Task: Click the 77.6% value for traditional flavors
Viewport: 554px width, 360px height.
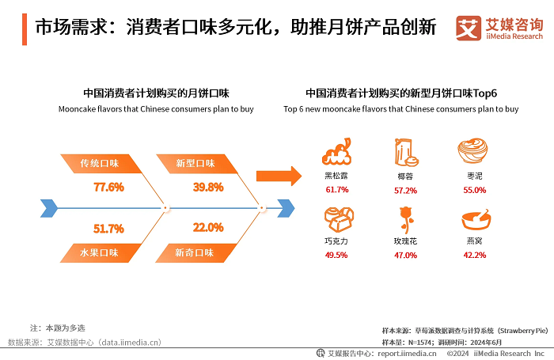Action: [x=108, y=188]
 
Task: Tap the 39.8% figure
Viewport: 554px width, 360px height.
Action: [x=208, y=188]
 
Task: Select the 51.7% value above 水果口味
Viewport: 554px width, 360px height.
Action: [x=108, y=229]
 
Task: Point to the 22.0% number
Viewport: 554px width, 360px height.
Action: [x=208, y=228]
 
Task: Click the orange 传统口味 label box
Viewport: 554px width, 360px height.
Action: [x=101, y=164]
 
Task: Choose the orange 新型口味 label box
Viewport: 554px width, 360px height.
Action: [x=196, y=164]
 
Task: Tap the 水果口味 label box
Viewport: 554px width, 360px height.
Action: [x=101, y=253]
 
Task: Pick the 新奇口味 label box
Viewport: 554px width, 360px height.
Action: [x=195, y=253]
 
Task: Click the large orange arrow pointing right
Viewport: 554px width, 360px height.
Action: [x=279, y=174]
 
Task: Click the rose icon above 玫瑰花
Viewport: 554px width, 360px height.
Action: [x=405, y=218]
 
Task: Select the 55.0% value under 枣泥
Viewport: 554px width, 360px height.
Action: [x=475, y=191]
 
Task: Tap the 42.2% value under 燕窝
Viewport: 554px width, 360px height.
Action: [x=475, y=256]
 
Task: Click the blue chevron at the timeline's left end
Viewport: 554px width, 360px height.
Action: [x=49, y=209]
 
